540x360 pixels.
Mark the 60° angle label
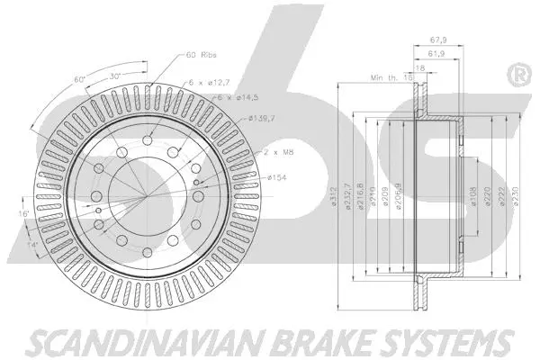[80, 79]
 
